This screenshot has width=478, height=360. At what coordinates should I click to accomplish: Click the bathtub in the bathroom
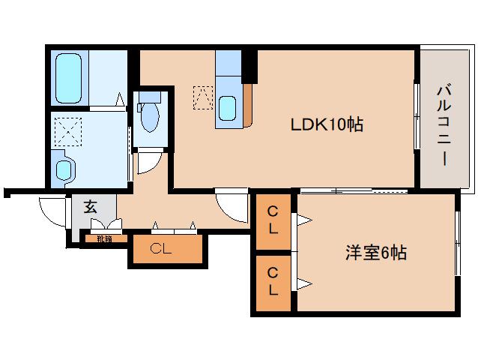[70, 78]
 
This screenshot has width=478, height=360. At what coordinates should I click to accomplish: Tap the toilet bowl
[150, 118]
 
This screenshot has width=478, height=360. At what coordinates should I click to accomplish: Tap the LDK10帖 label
[327, 125]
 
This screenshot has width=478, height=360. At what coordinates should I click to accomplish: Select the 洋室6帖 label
[375, 253]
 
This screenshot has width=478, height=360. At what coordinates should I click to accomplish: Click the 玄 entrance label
[90, 207]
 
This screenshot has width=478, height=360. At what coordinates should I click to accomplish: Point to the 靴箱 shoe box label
[104, 240]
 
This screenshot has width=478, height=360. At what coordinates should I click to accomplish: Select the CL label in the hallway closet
[160, 249]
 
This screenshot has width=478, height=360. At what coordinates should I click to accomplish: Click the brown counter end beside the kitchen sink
[248, 105]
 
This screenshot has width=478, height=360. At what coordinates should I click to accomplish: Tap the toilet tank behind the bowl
[151, 97]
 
